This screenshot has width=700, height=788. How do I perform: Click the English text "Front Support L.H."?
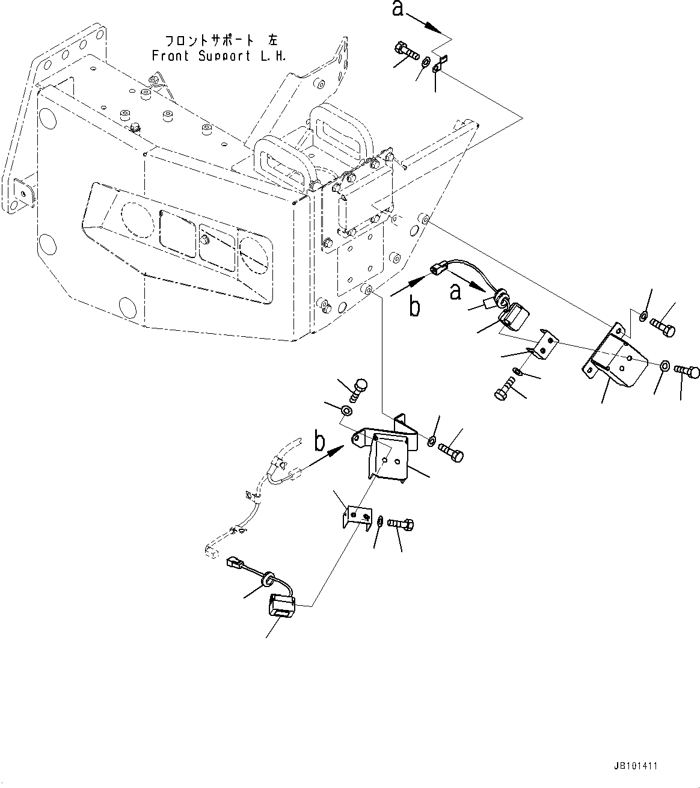pyautogui.click(x=219, y=56)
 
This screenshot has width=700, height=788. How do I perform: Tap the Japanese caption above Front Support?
pyautogui.click(x=219, y=41)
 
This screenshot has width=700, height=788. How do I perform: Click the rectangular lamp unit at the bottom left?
pyautogui.click(x=283, y=604)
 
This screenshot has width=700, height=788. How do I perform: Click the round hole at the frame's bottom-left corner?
pyautogui.click(x=128, y=307)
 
